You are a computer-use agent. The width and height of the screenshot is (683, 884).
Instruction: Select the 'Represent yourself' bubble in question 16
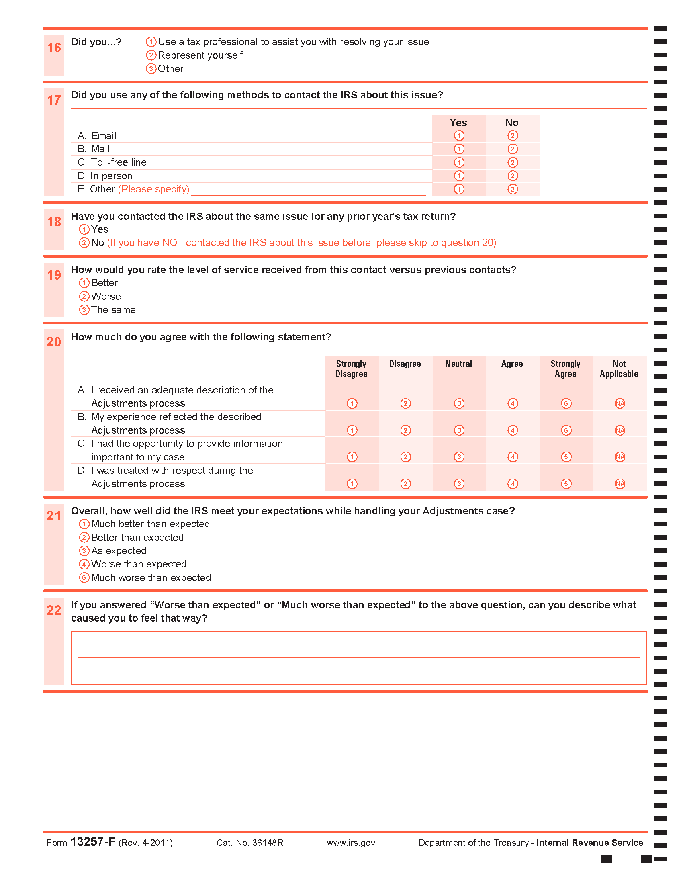coord(151,55)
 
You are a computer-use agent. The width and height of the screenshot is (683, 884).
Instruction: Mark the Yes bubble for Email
coord(459,135)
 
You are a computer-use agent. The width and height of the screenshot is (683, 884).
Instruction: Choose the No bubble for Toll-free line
coord(512,162)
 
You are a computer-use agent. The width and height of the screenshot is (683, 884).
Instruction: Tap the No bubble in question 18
coord(84,243)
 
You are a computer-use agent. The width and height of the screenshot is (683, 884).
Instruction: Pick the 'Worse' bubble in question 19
coord(84,296)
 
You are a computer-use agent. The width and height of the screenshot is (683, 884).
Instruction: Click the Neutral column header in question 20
coord(458,364)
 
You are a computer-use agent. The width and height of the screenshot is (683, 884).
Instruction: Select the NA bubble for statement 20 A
coord(620,403)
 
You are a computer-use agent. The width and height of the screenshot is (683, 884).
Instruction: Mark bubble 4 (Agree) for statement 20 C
coord(512,457)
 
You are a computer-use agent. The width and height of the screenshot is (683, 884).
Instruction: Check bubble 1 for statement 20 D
coord(352,484)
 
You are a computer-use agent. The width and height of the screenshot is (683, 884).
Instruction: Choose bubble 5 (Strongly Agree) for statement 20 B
coord(566,430)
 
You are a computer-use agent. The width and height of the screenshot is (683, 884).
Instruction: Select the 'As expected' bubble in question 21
coord(84,551)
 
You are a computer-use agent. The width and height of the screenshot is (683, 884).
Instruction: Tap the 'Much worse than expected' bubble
coord(84,577)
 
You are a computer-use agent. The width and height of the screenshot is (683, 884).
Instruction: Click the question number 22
coord(54,610)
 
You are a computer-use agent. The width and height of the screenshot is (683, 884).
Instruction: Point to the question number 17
coord(54,100)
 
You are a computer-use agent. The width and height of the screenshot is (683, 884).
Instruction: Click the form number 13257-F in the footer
coord(93,842)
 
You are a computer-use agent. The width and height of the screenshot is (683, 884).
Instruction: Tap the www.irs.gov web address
coord(351,843)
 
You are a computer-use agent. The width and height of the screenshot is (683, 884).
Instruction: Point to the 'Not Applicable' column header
coord(619,369)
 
